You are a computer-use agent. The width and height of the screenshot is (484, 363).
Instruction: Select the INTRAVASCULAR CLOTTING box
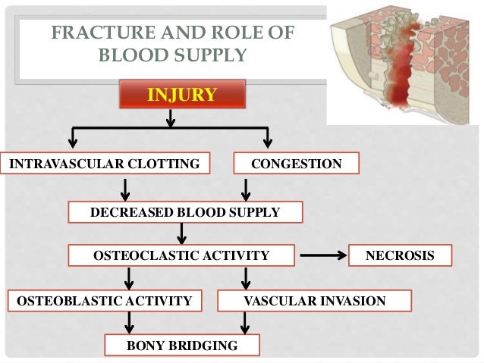[x=105, y=164]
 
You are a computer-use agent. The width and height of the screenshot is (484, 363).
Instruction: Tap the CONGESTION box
[x=295, y=164]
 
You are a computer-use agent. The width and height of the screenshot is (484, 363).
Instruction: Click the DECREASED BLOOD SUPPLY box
[x=185, y=213]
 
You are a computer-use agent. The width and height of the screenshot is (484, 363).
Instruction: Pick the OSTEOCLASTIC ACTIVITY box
[x=181, y=256]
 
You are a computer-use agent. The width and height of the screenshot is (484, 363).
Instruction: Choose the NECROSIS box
[x=400, y=256]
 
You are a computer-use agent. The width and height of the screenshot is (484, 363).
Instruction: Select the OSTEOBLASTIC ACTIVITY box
[x=104, y=301]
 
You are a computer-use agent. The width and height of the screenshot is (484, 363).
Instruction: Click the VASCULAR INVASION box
[x=314, y=301]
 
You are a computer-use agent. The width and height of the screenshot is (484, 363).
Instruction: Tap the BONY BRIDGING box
[x=181, y=346]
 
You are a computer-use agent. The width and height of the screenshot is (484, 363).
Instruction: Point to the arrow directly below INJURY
[x=170, y=118]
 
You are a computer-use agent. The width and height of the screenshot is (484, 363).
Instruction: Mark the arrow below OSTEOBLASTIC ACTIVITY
[x=129, y=323]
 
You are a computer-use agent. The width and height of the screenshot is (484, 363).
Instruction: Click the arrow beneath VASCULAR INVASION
[x=244, y=323]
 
